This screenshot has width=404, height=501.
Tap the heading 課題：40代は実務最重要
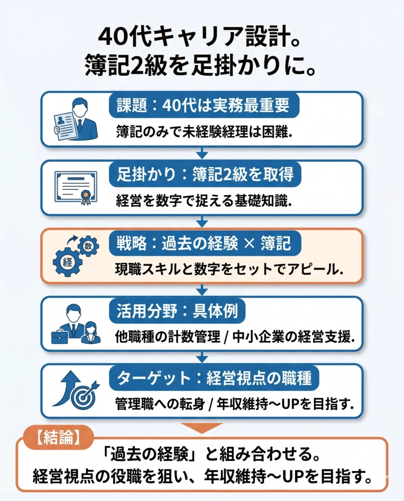[x=203, y=106]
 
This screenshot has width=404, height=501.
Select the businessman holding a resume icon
[x=76, y=119]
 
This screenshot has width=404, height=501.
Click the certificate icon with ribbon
[x=76, y=187]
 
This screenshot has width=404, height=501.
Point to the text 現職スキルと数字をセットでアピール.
[x=228, y=269]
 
